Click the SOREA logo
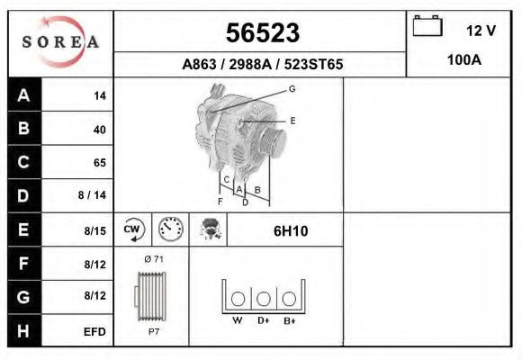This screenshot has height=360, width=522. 60,42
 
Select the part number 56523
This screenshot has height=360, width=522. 263,32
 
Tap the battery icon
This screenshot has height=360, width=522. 427,25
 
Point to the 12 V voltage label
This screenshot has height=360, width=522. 481,31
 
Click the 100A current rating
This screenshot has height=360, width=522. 464,60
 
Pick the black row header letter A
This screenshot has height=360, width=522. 23,95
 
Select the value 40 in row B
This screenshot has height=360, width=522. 100,130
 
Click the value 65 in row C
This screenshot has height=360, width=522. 100,163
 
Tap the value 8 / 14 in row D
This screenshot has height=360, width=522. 92,194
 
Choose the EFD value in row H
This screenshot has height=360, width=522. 94,332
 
